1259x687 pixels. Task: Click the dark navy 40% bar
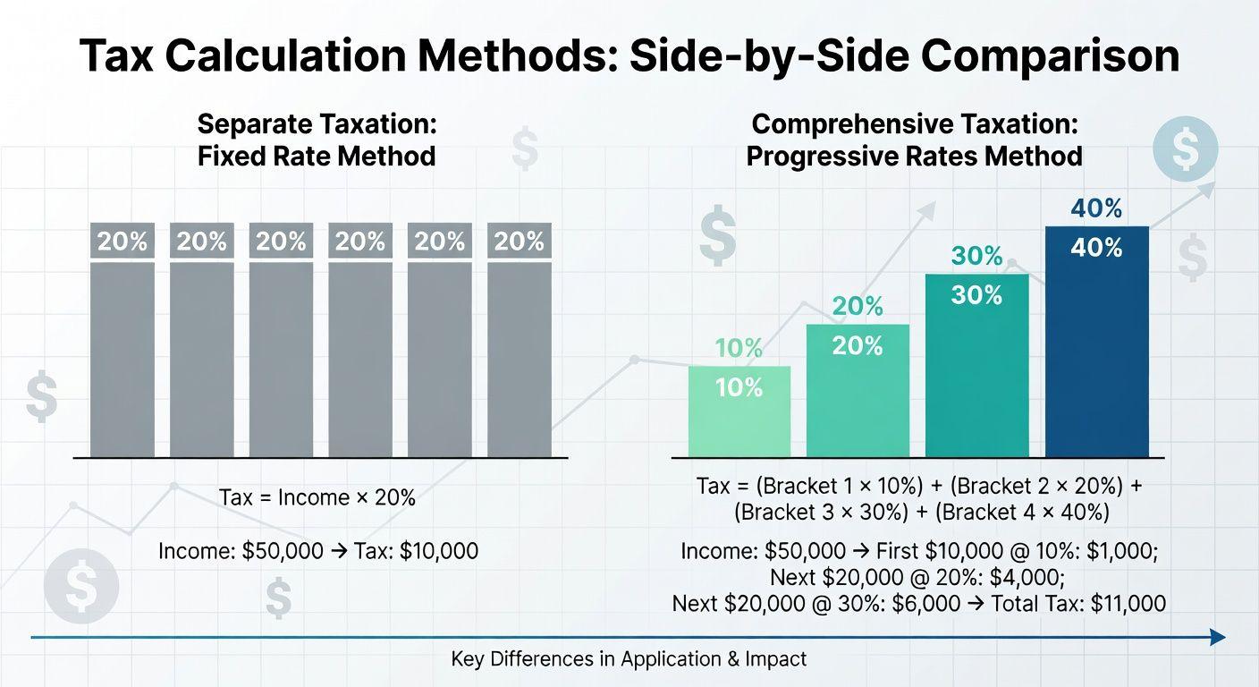click(x=1096, y=358)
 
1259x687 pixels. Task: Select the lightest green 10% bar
click(x=739, y=420)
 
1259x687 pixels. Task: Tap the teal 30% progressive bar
click(x=976, y=376)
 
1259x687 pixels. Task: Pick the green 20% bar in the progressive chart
click(x=858, y=403)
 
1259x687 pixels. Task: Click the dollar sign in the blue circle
click(x=1185, y=149)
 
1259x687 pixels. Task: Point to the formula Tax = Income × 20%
click(x=317, y=498)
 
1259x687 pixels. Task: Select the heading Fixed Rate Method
click(x=317, y=157)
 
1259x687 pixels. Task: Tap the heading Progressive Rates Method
click(x=914, y=157)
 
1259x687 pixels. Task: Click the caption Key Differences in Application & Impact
click(x=629, y=660)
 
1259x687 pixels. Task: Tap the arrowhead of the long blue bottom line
click(x=1217, y=637)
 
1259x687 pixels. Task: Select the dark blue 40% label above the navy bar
click(x=1096, y=209)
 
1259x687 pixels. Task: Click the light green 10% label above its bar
click(x=739, y=349)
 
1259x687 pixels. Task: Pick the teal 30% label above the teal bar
click(x=976, y=257)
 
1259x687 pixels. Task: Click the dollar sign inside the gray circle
click(x=81, y=586)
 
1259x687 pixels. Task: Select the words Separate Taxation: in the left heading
click(x=317, y=124)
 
